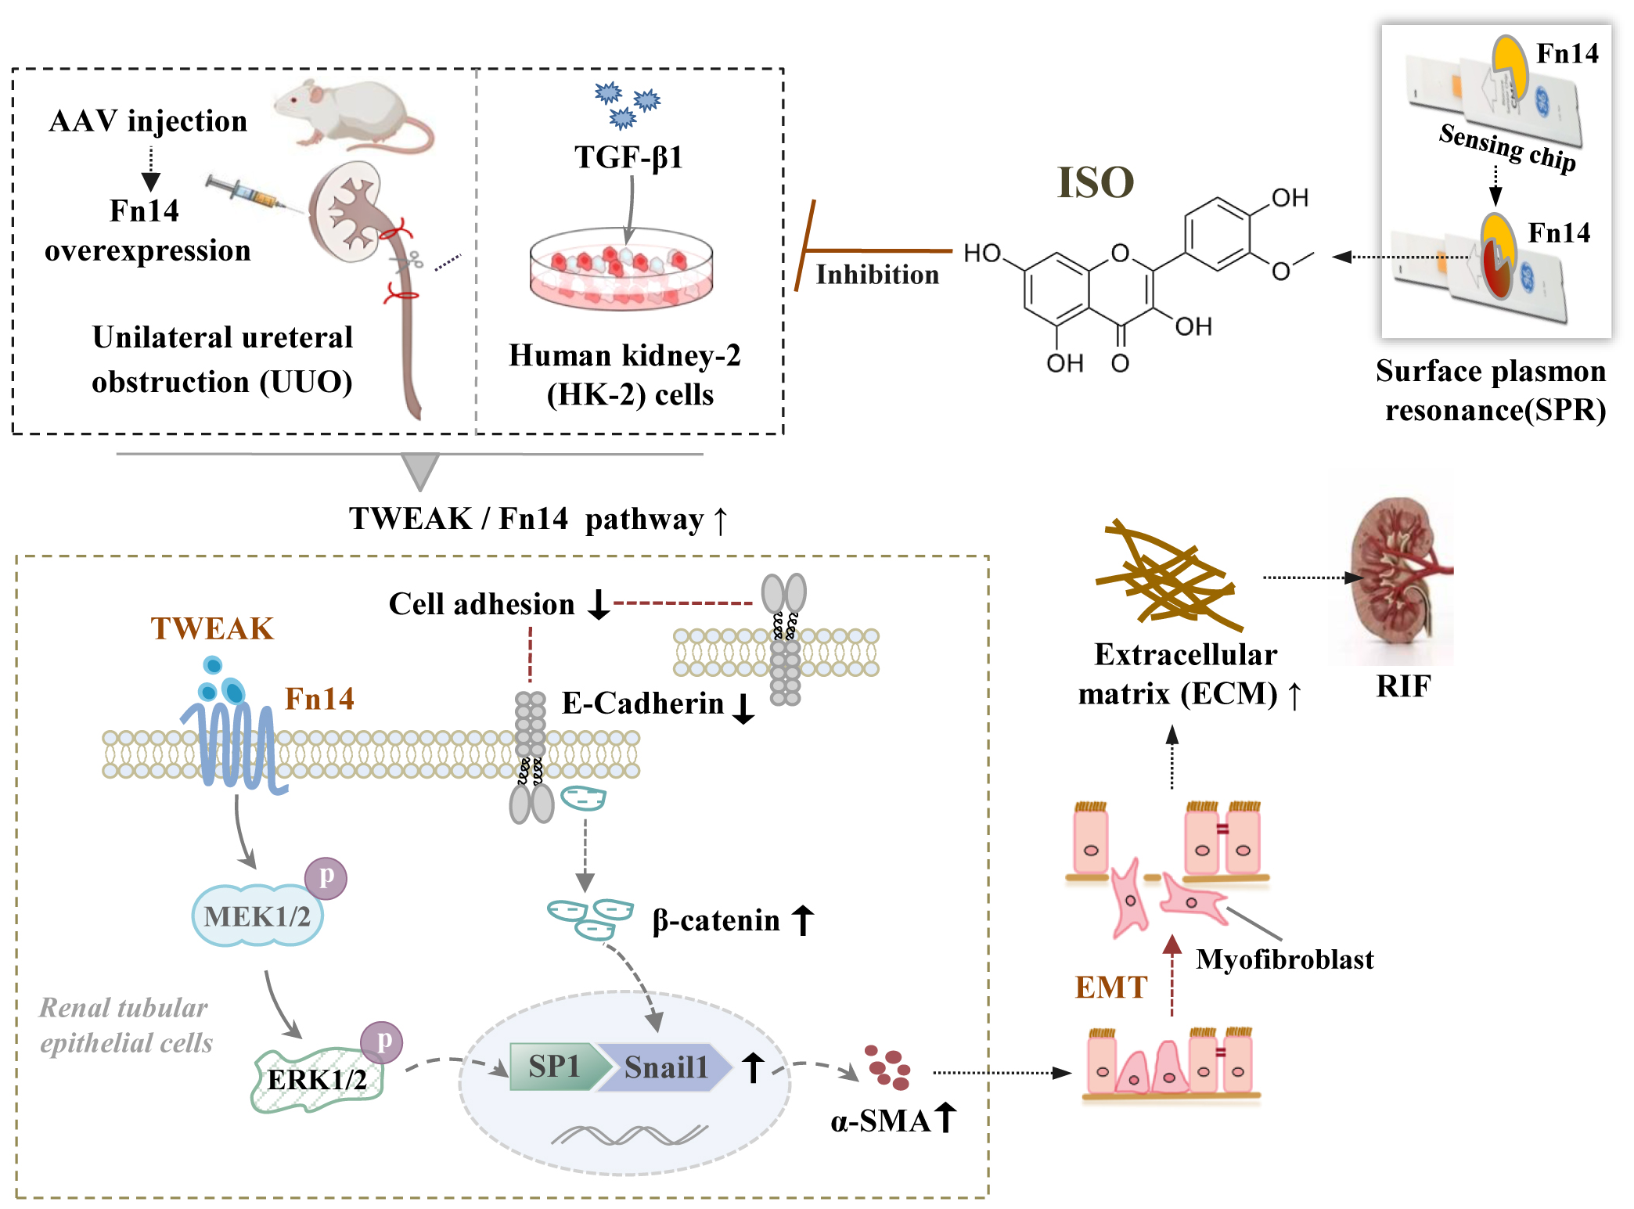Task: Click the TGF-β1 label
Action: [628, 157]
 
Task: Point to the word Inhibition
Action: [876, 275]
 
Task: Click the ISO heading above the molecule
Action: [1095, 183]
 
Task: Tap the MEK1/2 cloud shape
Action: [257, 916]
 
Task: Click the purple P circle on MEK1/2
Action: [326, 877]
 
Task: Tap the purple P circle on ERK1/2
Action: [382, 1042]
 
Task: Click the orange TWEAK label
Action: [212, 629]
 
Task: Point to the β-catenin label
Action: [715, 920]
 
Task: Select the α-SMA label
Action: [880, 1121]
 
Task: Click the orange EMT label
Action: [1110, 988]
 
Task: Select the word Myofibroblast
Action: [1284, 959]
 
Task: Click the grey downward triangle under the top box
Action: [419, 470]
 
